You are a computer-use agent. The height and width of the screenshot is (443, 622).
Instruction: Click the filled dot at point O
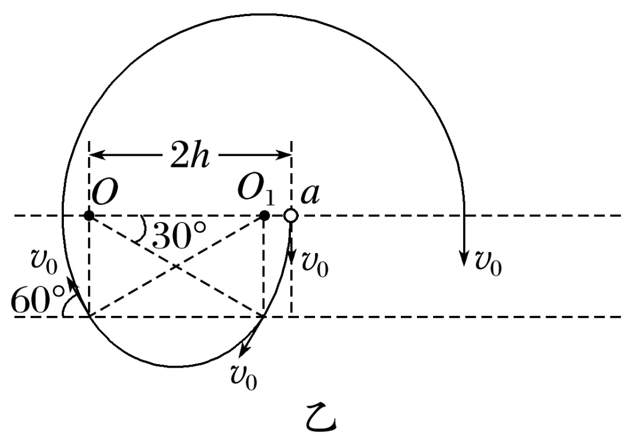[89, 216]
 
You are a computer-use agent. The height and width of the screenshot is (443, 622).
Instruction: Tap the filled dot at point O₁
[264, 216]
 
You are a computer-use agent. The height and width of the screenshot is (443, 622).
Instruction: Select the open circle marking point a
[291, 216]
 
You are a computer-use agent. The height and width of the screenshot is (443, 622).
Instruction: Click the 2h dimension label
[189, 155]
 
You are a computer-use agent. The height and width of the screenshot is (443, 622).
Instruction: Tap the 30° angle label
[179, 235]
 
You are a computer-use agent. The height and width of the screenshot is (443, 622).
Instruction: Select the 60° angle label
[38, 301]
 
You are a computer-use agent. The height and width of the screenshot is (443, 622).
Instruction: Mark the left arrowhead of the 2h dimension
[96, 154]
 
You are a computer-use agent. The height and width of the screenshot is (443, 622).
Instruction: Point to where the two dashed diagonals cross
[176, 266]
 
